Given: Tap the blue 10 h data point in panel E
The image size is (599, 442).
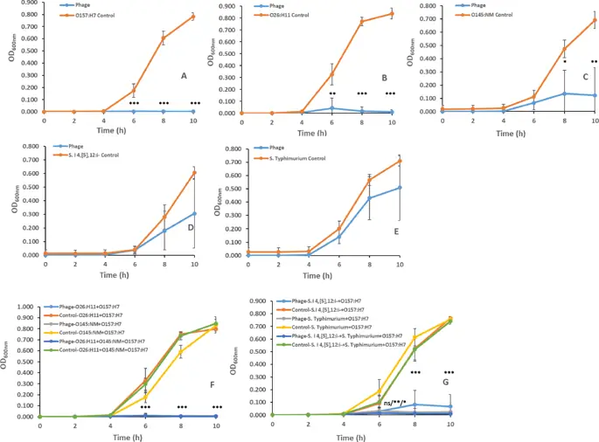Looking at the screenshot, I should pyautogui.click(x=400, y=188).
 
